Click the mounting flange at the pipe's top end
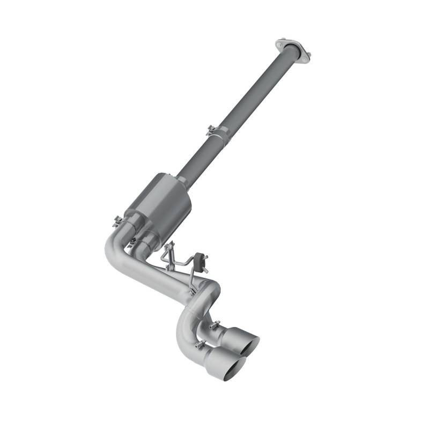(x=293, y=49)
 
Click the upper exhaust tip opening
(x=250, y=345)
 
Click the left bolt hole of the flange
(x=279, y=42)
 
